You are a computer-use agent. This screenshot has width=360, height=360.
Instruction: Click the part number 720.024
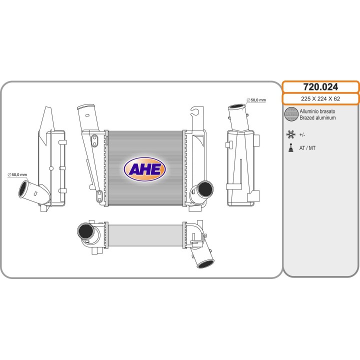320,87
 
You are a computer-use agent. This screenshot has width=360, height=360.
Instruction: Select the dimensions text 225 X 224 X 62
320,98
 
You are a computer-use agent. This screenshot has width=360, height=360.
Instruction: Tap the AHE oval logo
144,169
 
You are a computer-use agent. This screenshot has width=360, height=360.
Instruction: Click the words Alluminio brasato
317,111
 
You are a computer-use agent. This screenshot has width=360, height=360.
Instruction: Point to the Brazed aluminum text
317,118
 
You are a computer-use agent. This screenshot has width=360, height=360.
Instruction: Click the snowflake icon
290,134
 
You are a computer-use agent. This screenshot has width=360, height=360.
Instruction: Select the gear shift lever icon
291,148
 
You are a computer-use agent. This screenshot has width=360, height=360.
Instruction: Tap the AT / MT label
307,148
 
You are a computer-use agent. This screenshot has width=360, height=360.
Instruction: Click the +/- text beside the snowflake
302,135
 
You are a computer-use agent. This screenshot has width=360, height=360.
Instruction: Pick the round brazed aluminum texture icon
291,114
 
